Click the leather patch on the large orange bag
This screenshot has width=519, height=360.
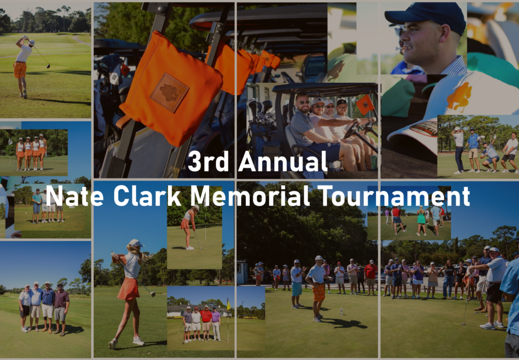169,92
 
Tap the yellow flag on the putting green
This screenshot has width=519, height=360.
228,304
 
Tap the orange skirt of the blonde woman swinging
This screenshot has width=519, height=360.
129,289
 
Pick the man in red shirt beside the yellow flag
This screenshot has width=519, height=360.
206,321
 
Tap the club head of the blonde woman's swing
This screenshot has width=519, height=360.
153,294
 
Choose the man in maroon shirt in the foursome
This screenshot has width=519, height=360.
61,311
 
